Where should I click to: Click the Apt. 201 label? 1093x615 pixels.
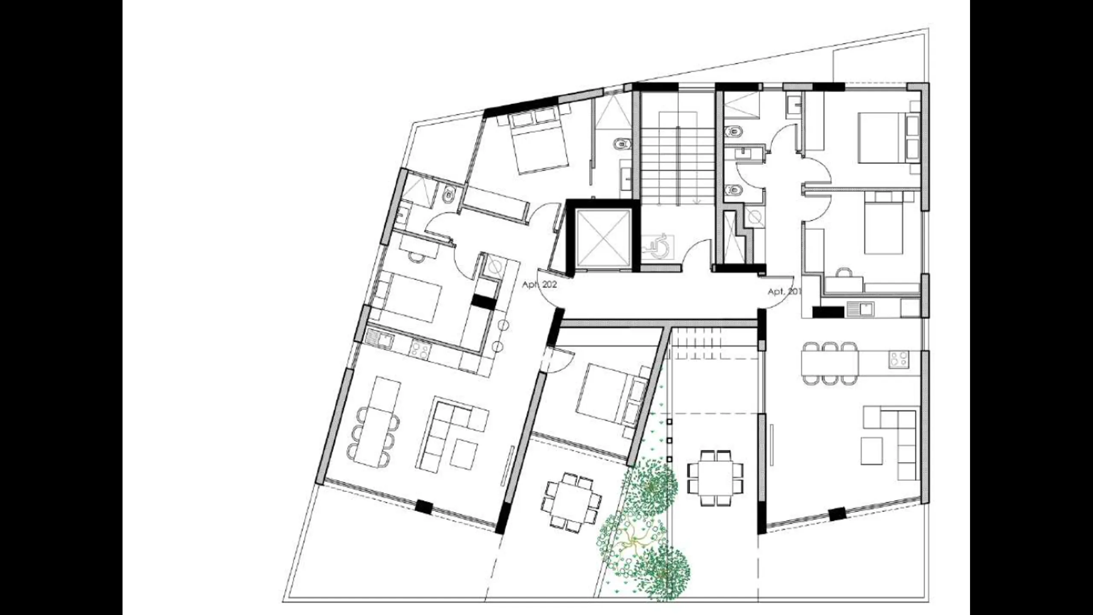click(784, 292)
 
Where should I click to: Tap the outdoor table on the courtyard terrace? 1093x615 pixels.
click(715, 478)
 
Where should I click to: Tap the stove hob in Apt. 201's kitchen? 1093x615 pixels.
click(898, 359)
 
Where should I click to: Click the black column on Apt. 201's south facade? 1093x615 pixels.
click(837, 513)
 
